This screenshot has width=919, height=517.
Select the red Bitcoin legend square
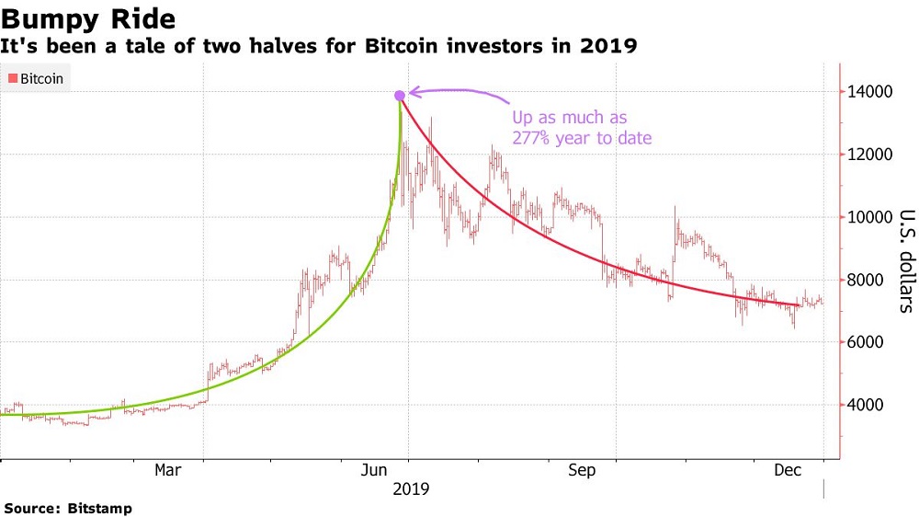click(x=11, y=79)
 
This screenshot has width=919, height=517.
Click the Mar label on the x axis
click(x=167, y=471)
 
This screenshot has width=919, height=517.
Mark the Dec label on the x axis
click(x=788, y=471)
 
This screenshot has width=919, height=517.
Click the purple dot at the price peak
click(x=400, y=96)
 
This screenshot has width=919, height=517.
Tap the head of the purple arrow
click(x=411, y=91)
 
